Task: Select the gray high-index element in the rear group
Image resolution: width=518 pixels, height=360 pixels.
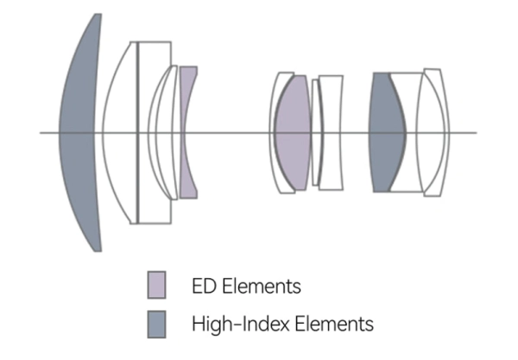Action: click(x=387, y=132)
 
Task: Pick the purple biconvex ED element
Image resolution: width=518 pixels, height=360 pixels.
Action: click(x=293, y=133)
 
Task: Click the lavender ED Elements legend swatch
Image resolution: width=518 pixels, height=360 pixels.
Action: click(x=156, y=285)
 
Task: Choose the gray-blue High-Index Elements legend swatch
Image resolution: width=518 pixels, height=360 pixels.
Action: click(x=156, y=325)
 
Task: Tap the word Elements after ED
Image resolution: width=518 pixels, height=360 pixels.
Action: click(x=262, y=286)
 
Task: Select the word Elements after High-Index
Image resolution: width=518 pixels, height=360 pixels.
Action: click(x=334, y=324)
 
